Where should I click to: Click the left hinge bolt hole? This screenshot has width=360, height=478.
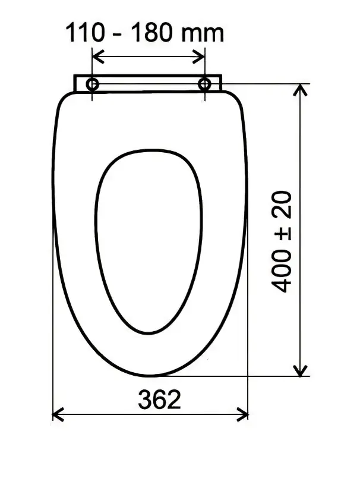92,84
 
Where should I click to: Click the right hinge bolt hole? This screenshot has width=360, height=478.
204,84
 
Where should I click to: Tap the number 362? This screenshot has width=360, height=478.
160,400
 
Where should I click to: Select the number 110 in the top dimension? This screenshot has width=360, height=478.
85,32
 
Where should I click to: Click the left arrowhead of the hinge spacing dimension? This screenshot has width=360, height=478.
98,56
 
